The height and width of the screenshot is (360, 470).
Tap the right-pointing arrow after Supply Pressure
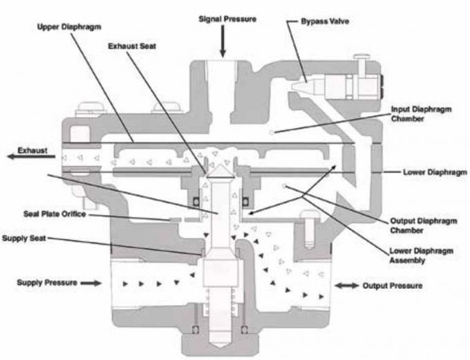click(91, 283)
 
